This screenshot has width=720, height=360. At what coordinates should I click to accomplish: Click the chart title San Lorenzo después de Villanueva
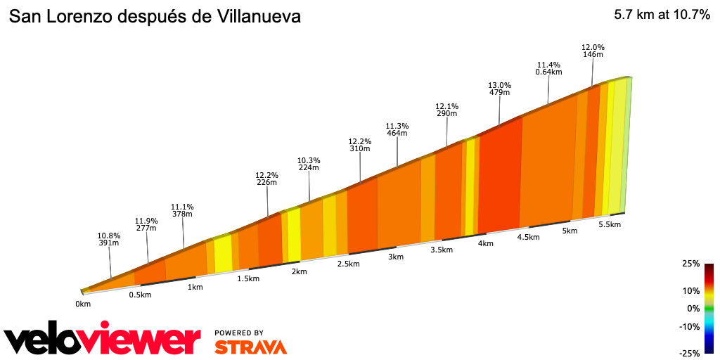coord(155,17)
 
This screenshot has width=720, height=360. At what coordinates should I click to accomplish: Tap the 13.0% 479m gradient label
coord(499,88)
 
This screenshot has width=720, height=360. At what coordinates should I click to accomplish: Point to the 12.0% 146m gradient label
coord(593,51)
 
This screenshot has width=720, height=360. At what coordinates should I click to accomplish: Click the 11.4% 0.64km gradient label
coord(548,67)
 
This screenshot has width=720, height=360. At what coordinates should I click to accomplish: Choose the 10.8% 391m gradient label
coord(109,239)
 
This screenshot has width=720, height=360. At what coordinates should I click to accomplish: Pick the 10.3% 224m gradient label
coord(309,164)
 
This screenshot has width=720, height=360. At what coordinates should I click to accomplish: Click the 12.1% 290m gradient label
coord(447,110)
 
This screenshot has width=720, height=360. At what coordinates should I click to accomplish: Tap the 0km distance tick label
coord(83,304)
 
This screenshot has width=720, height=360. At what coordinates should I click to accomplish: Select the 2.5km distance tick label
coord(348,264)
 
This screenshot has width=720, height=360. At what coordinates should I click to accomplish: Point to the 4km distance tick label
coord(485,243)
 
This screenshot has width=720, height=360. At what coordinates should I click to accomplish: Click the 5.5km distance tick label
coord(610,224)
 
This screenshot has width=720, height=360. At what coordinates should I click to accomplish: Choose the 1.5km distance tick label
coord(249,278)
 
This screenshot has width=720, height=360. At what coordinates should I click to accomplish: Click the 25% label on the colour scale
coord(690,264)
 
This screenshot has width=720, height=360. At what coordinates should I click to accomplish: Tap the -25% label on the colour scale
coord(689,353)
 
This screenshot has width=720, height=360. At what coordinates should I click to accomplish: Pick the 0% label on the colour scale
coord(693,308)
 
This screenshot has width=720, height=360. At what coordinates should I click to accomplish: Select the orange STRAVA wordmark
coord(250,347)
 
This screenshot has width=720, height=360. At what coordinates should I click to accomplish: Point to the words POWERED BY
coord(239,333)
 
